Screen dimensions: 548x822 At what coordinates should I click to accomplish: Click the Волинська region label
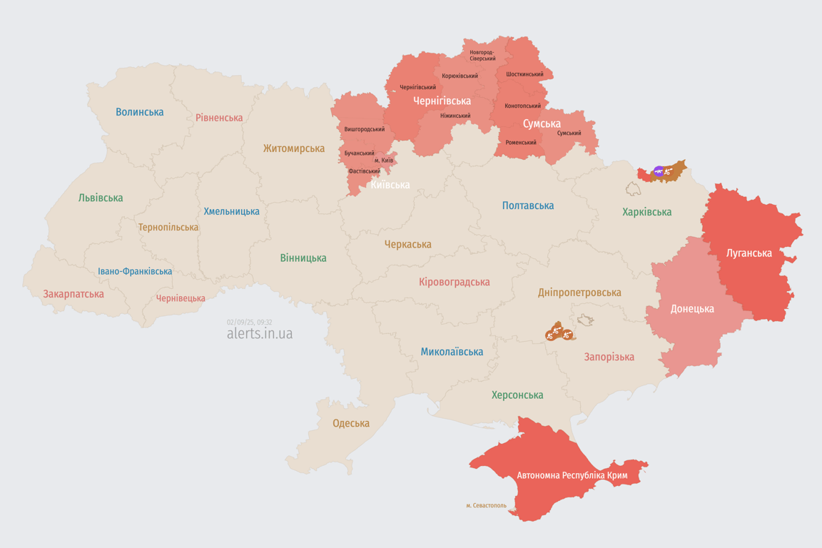pos(139,112)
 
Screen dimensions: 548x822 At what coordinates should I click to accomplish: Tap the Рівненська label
pos(219,118)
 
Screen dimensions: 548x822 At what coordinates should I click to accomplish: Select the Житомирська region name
pos(293,148)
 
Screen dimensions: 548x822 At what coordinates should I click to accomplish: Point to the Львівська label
pos(101,198)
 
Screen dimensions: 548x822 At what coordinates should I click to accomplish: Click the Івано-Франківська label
pos(135,271)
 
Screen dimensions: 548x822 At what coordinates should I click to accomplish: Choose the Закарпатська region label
pos(73,294)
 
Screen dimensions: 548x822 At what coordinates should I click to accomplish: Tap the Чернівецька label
pos(181,298)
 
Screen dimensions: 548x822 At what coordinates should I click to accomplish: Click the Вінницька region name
pos(303,258)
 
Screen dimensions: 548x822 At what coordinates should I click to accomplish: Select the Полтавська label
pos(528,205)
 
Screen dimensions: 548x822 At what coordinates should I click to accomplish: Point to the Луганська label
pos(749,253)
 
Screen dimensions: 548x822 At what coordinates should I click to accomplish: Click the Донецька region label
pos(692,309)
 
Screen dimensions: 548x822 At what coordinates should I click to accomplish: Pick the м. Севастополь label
pos(486,505)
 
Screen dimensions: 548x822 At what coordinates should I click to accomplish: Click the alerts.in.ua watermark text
pos(259,334)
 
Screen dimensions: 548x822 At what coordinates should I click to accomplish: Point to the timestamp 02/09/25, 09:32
pos(249,322)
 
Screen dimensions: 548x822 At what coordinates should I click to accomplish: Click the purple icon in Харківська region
pos(659,171)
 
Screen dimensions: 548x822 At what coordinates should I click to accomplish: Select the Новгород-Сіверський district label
pos(482,55)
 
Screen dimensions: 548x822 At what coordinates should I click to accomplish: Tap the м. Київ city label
pos(384,160)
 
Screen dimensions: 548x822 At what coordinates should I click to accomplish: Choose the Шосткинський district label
pos(524,74)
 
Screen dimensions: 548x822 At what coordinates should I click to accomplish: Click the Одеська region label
pos(351,423)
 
